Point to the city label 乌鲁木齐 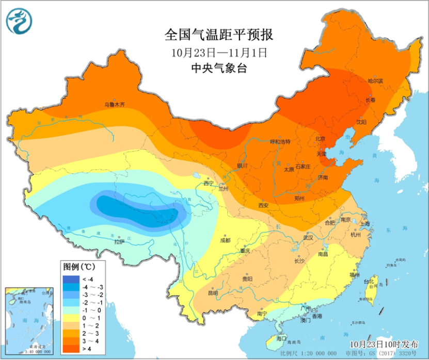[x=115, y=104]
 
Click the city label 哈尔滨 [x=375, y=81]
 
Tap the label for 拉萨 [x=119, y=241]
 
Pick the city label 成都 [x=225, y=240]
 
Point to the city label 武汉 [x=308, y=238]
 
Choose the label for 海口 [x=282, y=338]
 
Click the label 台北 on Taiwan [x=369, y=282]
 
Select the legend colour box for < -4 [x=69, y=279]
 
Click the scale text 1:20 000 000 [x=327, y=354]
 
